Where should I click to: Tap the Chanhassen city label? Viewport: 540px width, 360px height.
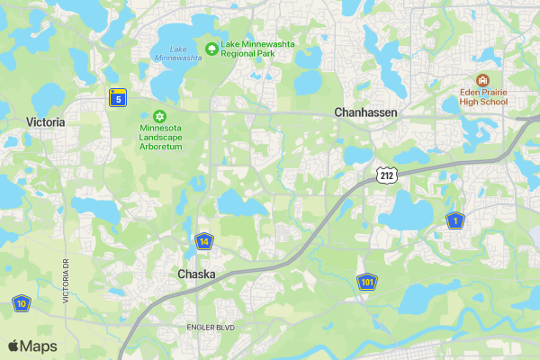click(x=365, y=112)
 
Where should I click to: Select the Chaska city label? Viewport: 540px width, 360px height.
click(x=195, y=274)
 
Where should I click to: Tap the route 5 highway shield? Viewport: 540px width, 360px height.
click(x=117, y=97)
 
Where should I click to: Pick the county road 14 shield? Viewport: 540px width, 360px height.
click(x=205, y=241)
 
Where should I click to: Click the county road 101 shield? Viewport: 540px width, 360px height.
click(x=366, y=283)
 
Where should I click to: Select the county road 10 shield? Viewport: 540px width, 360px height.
click(x=21, y=303)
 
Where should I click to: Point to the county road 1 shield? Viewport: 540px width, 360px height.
click(x=455, y=220)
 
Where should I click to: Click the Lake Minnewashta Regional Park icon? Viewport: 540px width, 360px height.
click(x=211, y=47)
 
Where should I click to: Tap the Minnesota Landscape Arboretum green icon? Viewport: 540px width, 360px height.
click(x=160, y=116)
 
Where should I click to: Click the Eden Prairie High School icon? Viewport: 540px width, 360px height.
click(x=481, y=80)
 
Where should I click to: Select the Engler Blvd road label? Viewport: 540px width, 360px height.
click(x=210, y=328)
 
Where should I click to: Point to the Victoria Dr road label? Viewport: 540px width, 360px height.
click(x=66, y=281)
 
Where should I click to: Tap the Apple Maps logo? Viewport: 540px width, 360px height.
click(x=32, y=346)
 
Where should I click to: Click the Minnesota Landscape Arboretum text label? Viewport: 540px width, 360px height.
click(x=161, y=137)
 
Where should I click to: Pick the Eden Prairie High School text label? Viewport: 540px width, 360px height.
click(x=481, y=96)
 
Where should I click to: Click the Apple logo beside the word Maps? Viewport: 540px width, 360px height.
click(x=13, y=346)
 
